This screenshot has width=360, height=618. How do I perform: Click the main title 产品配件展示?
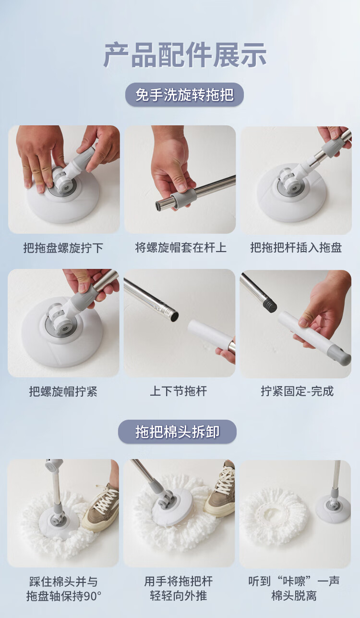184,55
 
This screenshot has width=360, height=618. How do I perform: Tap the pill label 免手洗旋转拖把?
184,95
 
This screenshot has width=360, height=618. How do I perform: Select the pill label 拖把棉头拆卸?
178,432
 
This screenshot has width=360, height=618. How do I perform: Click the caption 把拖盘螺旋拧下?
63,248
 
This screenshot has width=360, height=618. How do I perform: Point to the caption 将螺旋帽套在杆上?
180,247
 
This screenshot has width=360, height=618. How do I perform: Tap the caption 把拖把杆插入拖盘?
296,247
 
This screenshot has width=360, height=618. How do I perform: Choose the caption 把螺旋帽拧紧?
63,391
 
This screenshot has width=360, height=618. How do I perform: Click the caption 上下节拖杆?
179,391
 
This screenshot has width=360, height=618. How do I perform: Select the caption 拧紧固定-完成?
298,391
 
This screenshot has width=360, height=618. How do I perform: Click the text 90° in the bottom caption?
92,596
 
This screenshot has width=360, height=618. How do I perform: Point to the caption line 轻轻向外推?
179,596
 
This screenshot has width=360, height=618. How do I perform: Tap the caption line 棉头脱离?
294,596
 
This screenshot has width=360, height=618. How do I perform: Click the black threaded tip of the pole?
269,305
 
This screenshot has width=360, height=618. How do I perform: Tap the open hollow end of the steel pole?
174,316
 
